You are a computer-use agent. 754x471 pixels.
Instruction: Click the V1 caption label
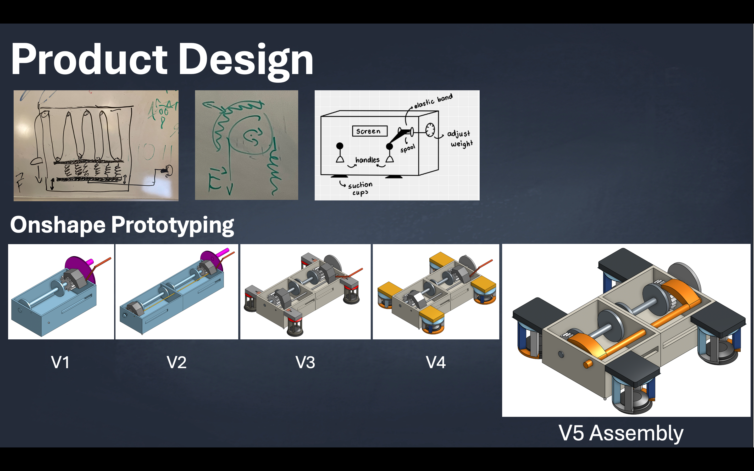point(60,362)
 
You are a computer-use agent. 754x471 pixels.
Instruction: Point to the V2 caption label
point(177,362)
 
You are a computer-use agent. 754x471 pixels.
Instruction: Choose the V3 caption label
point(305,362)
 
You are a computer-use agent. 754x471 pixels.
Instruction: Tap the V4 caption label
point(436,362)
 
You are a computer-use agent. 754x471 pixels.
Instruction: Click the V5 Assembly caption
point(621,433)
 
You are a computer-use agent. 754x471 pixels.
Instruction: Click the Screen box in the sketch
point(369,131)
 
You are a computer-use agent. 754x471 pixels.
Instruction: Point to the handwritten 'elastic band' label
point(433,101)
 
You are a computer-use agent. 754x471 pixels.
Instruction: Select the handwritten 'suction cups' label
point(360,188)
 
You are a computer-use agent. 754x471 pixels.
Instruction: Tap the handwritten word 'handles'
point(368,160)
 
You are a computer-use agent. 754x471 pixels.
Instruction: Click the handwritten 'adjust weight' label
point(460,139)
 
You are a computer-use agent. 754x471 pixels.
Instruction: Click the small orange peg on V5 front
point(587,364)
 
